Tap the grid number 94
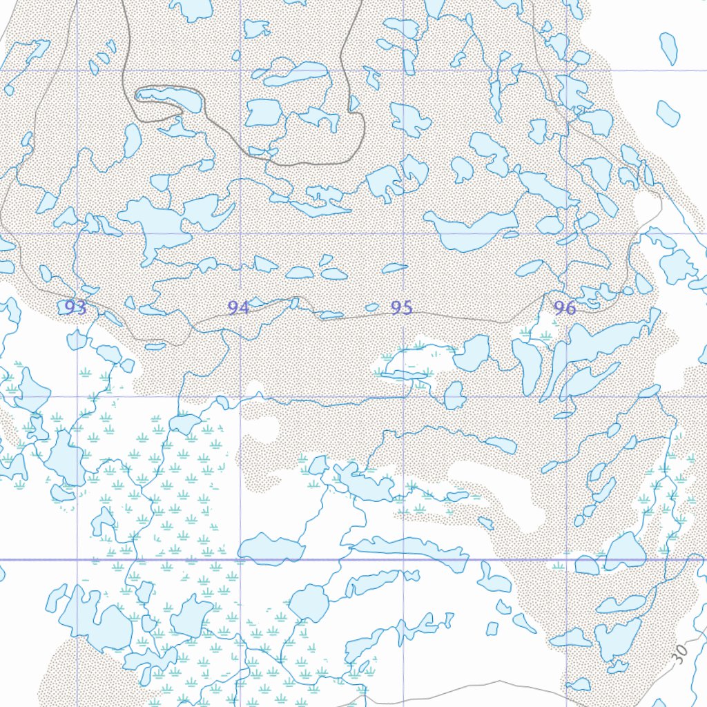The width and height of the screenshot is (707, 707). tap(238, 307)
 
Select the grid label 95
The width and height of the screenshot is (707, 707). tap(401, 307)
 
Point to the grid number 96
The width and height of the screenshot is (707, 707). tap(565, 308)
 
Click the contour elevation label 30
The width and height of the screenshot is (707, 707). tap(681, 653)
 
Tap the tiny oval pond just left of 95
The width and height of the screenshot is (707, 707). tap(371, 307)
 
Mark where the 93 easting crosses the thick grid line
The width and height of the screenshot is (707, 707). tap(77, 560)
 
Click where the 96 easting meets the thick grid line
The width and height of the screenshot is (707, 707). tap(567, 560)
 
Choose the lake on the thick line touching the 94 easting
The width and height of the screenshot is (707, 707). tap(271, 549)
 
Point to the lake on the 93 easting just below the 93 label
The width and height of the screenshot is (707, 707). tap(77, 340)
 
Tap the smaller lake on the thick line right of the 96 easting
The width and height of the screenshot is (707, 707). tap(587, 565)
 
